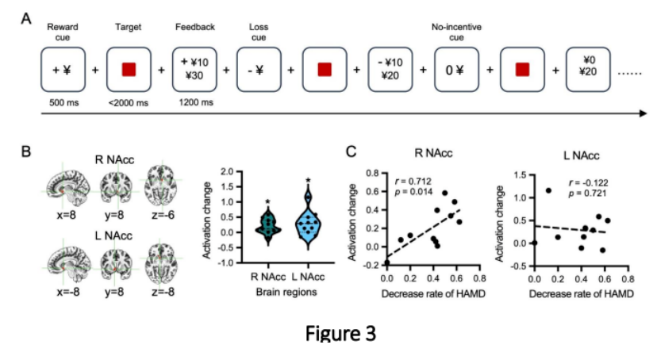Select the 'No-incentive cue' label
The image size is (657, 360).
click(x=456, y=32)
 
